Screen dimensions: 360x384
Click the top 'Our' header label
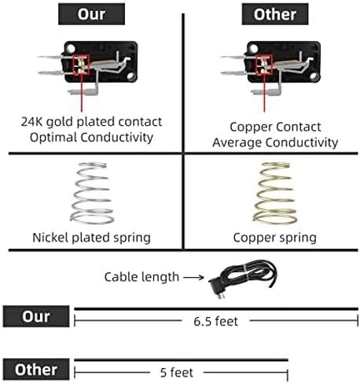point(91,14)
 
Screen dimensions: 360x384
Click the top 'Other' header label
point(275,14)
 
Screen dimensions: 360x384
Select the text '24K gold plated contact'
point(91,122)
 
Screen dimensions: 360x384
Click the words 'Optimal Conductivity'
point(91,138)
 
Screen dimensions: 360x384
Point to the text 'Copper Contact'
point(275,127)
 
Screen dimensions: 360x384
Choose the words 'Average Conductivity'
point(275,142)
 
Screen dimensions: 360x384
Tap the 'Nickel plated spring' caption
point(91,238)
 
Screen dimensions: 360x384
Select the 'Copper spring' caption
point(275,238)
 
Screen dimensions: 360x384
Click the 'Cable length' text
point(141,277)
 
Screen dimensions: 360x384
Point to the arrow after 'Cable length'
point(193,277)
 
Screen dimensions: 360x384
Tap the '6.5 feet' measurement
point(215,321)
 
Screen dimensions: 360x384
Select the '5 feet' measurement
point(177,372)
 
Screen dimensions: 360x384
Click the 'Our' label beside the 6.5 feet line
point(36,316)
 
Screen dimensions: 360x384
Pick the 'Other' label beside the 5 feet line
point(36,369)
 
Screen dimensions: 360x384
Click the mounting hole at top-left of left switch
point(71,49)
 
